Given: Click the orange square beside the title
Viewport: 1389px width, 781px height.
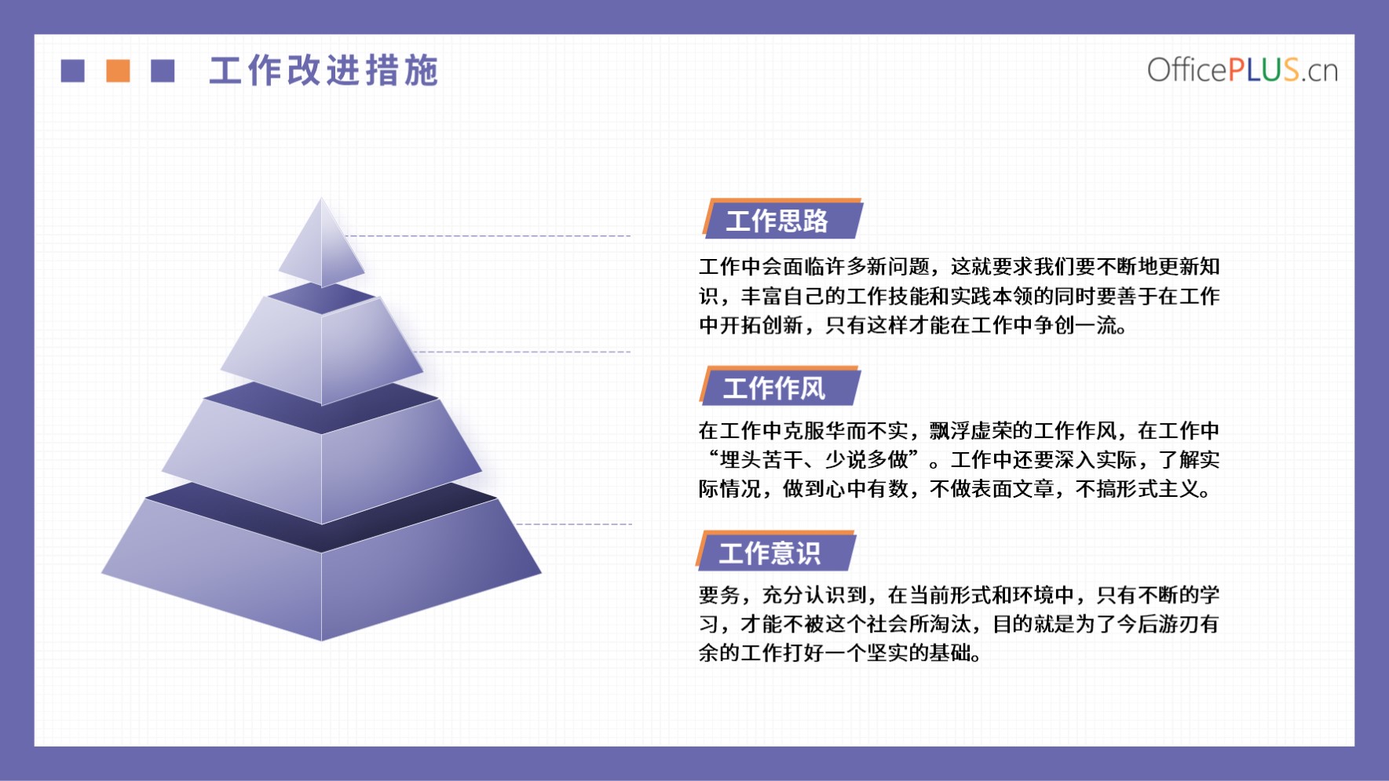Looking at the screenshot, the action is click(118, 71).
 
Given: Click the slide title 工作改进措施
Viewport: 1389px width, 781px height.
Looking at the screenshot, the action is click(323, 71).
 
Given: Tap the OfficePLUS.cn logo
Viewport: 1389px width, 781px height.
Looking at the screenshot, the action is click(1242, 70).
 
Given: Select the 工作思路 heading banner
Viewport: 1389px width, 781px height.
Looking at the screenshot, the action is click(782, 219).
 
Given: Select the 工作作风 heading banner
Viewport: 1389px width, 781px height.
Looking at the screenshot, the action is click(780, 387).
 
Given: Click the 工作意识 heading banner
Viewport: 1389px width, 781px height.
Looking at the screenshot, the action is click(776, 551).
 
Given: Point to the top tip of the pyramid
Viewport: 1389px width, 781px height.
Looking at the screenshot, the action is click(321, 197).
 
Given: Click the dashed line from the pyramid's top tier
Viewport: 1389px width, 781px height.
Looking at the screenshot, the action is click(488, 235).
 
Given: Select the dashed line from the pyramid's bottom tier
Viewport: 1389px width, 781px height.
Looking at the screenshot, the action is click(573, 524).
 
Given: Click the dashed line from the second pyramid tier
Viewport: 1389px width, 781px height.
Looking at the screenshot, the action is click(522, 352).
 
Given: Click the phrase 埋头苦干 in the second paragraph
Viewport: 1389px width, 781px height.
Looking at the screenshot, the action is click(761, 460).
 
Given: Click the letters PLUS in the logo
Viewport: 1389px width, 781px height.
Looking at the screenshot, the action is click(1263, 70).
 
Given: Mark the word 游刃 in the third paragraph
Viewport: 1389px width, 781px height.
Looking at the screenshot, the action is click(1180, 624).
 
